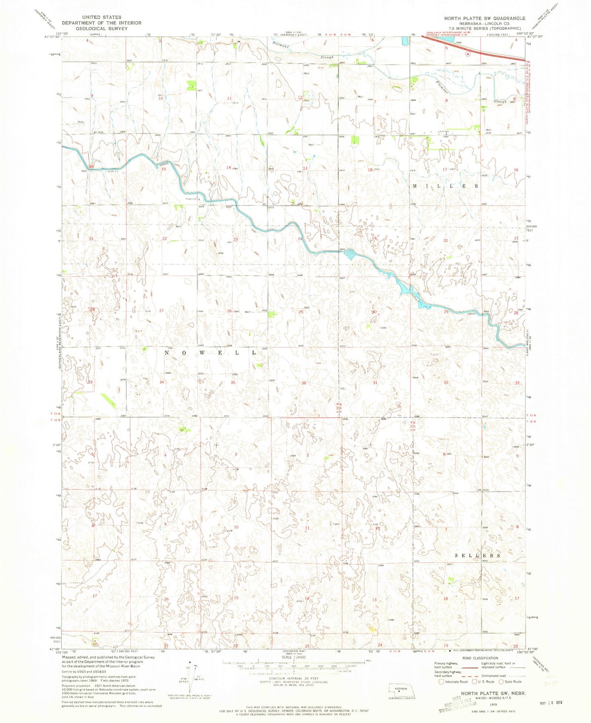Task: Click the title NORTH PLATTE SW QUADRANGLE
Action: coord(485,18)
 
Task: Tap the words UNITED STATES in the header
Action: coord(101,17)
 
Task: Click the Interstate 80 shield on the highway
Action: coord(467,54)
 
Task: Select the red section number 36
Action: coord(304,383)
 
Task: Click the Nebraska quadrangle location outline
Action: coord(402,689)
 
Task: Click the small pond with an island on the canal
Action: coord(350,255)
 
